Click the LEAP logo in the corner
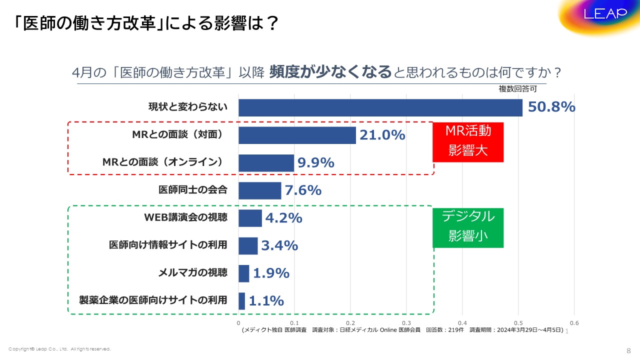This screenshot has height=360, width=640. click(605, 14)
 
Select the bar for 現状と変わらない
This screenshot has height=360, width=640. click(380, 107)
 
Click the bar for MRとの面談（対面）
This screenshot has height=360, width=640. click(297, 135)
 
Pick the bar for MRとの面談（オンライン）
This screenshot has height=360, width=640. click(266, 162)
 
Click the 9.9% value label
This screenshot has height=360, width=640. click(316, 162)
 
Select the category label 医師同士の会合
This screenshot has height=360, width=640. click(193, 190)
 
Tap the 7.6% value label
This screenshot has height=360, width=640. click(303, 190)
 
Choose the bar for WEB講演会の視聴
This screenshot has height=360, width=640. click(250, 218)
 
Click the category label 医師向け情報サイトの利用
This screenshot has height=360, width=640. click(168, 245)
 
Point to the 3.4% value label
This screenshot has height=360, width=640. click(279, 245)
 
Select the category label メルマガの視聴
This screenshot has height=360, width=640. click(193, 272)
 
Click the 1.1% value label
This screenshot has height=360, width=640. click(266, 301)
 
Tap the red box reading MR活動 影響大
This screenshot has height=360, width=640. click(468, 141)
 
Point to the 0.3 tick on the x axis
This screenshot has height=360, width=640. click(406, 323)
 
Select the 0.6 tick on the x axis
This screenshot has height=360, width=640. click(574, 323)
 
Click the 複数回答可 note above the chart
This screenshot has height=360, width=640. click(517, 89)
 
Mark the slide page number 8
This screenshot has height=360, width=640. click(628, 349)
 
